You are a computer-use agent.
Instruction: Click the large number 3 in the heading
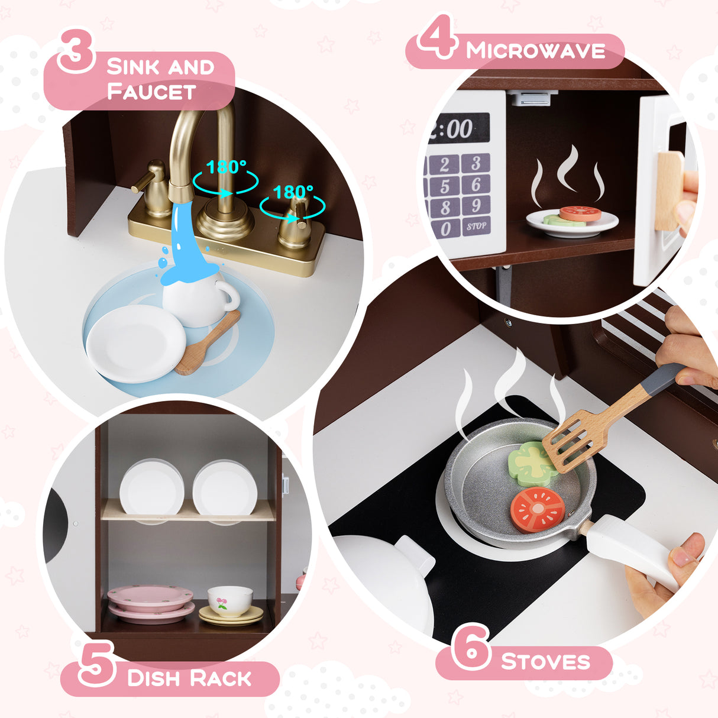tap(76, 52)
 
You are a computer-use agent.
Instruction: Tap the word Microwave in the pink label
tap(535, 51)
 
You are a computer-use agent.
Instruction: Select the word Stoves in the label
tap(545, 661)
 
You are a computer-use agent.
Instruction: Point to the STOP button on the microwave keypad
tap(476, 226)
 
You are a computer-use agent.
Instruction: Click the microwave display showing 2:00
tap(458, 128)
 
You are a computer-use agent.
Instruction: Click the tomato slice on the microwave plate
tap(580, 214)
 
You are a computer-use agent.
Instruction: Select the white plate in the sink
tap(135, 344)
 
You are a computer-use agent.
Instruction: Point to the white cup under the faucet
tap(195, 299)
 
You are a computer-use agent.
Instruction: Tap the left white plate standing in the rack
tap(151, 489)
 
